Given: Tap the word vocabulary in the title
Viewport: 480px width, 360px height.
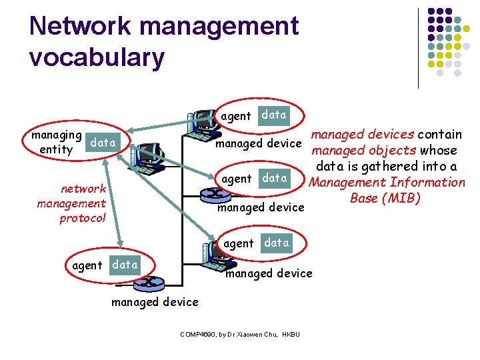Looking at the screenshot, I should pos(97,57).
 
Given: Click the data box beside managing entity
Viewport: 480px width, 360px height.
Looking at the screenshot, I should pos(103,142).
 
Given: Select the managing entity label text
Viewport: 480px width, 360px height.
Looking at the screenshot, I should pos(56,142).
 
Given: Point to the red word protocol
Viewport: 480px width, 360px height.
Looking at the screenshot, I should pos(83,219).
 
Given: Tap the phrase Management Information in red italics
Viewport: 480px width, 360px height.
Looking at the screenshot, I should pos(387,183).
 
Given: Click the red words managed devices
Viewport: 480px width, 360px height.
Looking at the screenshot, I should pos(363,135).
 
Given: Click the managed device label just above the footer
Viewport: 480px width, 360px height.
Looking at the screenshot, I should pos(155,302).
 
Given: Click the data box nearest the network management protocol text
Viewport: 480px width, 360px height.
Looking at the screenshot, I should pos(125,265).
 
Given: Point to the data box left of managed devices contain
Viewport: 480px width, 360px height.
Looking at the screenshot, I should pos(274,115).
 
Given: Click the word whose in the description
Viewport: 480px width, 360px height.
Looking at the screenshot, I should pos(438,151).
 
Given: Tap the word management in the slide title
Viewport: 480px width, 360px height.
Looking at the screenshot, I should pos(220,27).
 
